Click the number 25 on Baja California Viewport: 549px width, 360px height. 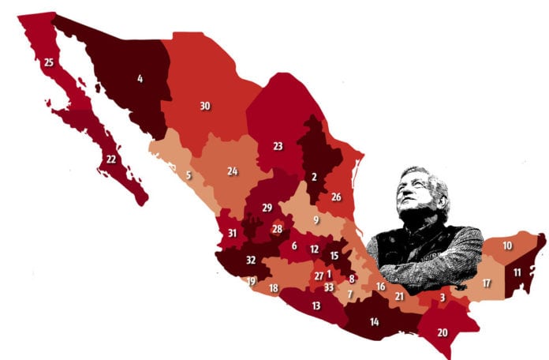tap(49, 62)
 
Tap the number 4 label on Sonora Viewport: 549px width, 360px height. tap(140, 78)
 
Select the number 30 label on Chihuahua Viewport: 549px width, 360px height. tap(204, 106)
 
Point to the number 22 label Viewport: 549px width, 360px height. tap(111, 159)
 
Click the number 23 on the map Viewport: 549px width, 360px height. tap(278, 146)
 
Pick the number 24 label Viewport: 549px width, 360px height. tap(233, 171)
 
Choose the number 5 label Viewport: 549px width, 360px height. tap(189, 174)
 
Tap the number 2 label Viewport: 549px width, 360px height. tap(314, 177)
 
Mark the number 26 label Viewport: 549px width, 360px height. tap(336, 197)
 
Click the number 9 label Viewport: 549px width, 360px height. tap(316, 219)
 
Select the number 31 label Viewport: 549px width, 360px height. tap(232, 233)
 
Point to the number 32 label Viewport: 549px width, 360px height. tap(251, 260)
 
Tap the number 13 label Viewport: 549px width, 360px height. tap(316, 306)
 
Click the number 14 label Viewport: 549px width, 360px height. tap(374, 321)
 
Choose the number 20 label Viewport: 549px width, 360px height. tap(442, 332)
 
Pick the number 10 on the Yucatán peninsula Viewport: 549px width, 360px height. tap(507, 246)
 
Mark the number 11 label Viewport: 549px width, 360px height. tap(517, 272)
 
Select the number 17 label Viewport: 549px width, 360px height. tap(486, 283)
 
